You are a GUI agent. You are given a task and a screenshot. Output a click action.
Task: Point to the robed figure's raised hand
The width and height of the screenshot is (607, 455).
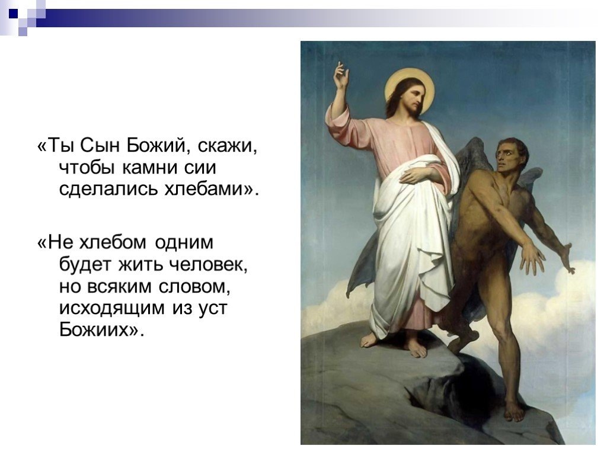point(341,77)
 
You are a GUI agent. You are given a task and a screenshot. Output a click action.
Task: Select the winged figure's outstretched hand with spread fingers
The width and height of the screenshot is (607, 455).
point(532,258)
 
